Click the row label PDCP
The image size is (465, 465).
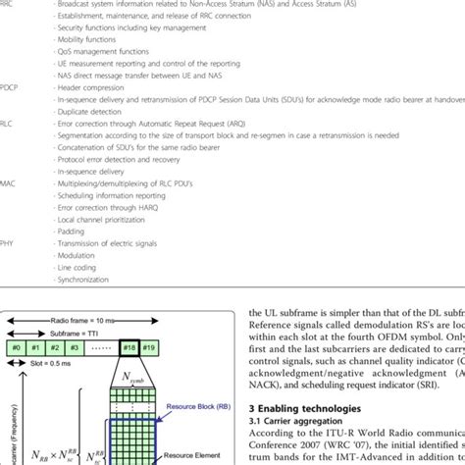click(8, 86)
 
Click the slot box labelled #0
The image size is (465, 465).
click(17, 347)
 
